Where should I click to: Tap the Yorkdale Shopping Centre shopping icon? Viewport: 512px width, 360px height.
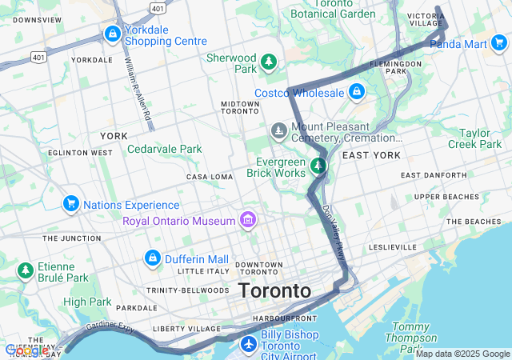[x=113, y=35]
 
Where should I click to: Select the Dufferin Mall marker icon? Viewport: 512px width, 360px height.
[x=152, y=258]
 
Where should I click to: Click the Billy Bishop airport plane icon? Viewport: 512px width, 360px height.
[x=249, y=344]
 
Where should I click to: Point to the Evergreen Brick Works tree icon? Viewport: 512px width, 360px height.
[x=318, y=166]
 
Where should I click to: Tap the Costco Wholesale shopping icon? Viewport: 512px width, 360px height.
[x=356, y=94]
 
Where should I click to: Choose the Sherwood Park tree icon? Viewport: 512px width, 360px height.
[x=269, y=61]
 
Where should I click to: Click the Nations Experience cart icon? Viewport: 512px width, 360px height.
[x=71, y=205]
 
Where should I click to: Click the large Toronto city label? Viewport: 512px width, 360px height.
[x=274, y=291]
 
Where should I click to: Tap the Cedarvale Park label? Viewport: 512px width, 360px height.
[x=165, y=149]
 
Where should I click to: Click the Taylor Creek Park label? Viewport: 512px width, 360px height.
[x=480, y=139]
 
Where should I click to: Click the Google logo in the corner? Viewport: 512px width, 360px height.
[x=26, y=350]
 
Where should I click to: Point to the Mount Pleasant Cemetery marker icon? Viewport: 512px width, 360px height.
[x=278, y=130]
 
